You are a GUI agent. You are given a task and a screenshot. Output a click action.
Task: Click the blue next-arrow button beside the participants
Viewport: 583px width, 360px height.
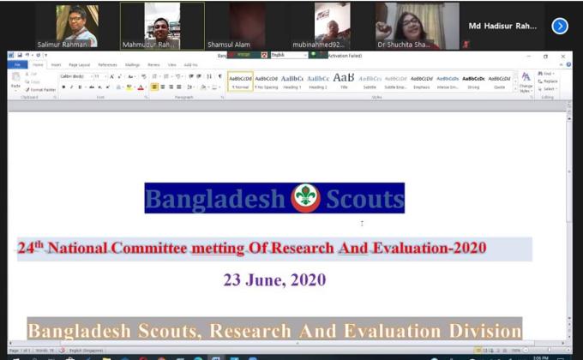point(560,26)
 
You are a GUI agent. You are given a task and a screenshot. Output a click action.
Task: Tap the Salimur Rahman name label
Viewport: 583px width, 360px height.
point(62,44)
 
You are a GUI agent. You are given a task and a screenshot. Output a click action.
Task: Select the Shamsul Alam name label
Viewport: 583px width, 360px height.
point(230,44)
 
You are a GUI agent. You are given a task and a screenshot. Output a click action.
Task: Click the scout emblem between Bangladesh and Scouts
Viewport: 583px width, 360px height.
point(304,198)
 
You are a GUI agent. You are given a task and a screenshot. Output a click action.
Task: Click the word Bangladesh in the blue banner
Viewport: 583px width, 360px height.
point(214,199)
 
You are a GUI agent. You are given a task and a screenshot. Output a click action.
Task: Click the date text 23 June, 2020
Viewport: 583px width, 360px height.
point(274,279)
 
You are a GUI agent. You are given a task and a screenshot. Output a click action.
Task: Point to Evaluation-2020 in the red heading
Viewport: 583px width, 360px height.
point(429,249)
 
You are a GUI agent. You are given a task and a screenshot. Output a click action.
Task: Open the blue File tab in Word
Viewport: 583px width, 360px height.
point(17,64)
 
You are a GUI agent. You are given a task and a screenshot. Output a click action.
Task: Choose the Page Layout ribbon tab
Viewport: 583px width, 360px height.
point(79,64)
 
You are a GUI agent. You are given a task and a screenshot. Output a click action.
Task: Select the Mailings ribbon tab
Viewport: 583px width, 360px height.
point(132,64)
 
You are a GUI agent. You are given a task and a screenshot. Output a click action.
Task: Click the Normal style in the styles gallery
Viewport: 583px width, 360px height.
point(240,81)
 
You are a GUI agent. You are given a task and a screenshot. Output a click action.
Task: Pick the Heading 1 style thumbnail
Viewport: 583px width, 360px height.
point(291,81)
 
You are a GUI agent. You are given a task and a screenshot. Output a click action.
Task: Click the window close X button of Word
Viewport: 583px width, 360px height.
point(563,56)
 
